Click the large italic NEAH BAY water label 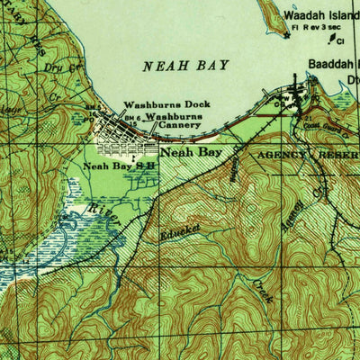186,66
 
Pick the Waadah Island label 321,15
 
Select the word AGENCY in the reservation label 281,155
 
